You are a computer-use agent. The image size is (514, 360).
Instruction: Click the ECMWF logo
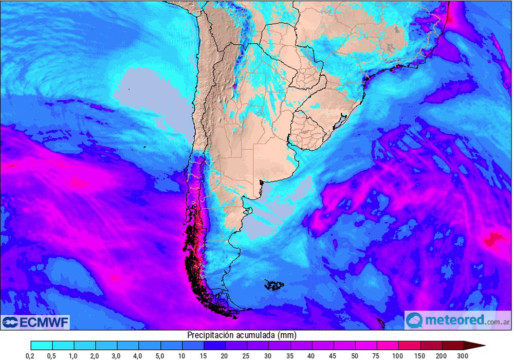pyautogui.click(x=35, y=322)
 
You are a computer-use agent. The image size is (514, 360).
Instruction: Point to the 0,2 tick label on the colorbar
pyautogui.click(x=31, y=355)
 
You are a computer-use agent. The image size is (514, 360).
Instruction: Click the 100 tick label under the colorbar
pyautogui.click(x=398, y=355)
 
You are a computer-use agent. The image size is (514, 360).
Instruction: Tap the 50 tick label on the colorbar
pyautogui.click(x=355, y=355)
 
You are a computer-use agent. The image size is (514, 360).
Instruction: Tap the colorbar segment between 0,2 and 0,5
pyautogui.click(x=42, y=345)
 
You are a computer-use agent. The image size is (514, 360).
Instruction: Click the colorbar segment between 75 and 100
pyautogui.click(x=388, y=345)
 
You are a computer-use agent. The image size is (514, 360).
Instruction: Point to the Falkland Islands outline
pyautogui.click(x=275, y=284)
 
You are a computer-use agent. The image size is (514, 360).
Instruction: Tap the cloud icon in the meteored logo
pyautogui.click(x=414, y=320)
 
